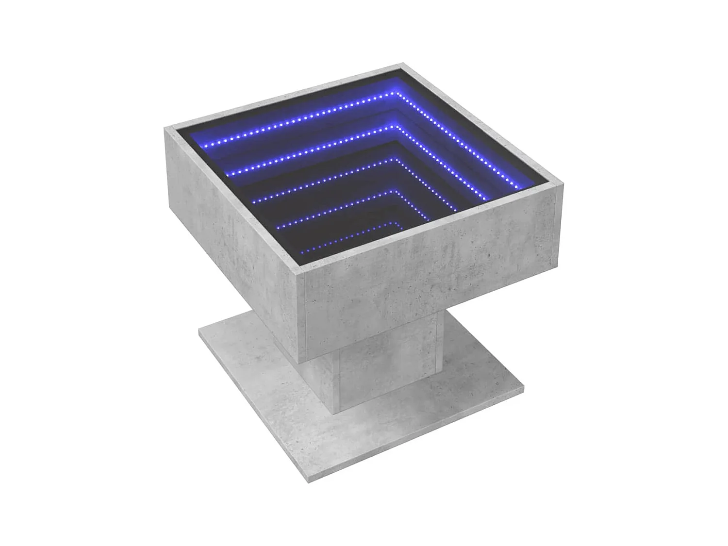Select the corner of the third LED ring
(x=397, y=159)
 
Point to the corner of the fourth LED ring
(x=397, y=192)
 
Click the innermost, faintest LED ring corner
(x=397, y=224)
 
